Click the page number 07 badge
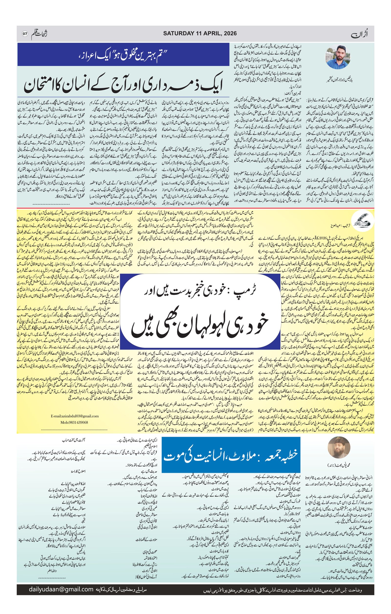[25, 34]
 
